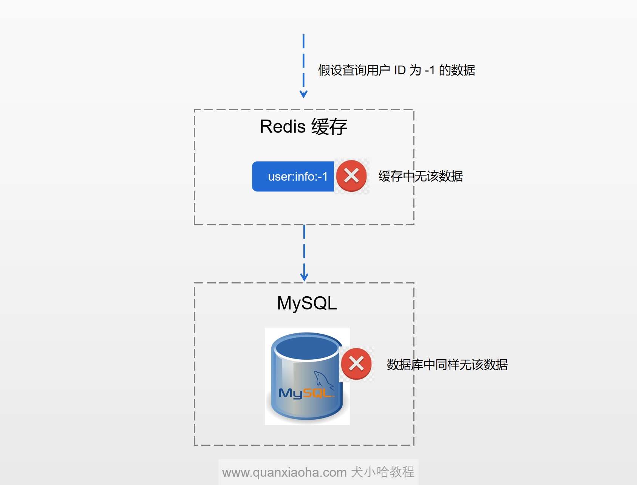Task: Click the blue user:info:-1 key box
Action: [293, 176]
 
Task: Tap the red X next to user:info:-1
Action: [351, 176]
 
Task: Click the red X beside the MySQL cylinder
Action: [356, 364]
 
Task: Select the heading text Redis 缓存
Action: [303, 126]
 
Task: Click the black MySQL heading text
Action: [307, 303]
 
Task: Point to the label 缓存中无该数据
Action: [421, 176]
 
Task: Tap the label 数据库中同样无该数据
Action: [447, 365]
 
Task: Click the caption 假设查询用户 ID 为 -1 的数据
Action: [397, 70]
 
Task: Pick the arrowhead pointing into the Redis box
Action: [303, 94]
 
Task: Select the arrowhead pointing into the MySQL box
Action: [304, 277]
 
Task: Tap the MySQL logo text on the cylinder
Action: [306, 393]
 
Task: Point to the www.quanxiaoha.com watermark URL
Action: [284, 473]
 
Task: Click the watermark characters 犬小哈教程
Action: [383, 472]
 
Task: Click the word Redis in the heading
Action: [283, 126]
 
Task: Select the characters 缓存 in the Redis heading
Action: [329, 127]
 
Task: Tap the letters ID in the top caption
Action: [400, 70]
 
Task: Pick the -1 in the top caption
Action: [430, 70]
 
